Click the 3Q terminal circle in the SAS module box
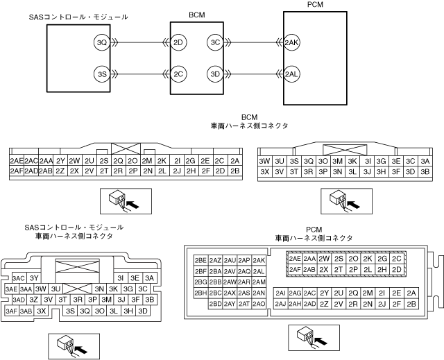(101, 42)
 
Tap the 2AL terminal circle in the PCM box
(292, 73)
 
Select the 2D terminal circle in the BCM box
(179, 42)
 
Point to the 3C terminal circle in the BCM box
(215, 42)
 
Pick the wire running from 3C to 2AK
(250, 42)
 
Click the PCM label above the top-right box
(314, 4)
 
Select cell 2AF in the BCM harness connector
(17, 171)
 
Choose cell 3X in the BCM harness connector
(264, 171)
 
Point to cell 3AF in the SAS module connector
(11, 311)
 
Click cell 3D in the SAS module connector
(143, 311)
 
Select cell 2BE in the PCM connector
(200, 259)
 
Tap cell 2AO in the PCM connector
(259, 304)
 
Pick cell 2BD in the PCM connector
(215, 304)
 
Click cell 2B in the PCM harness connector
(412, 304)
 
